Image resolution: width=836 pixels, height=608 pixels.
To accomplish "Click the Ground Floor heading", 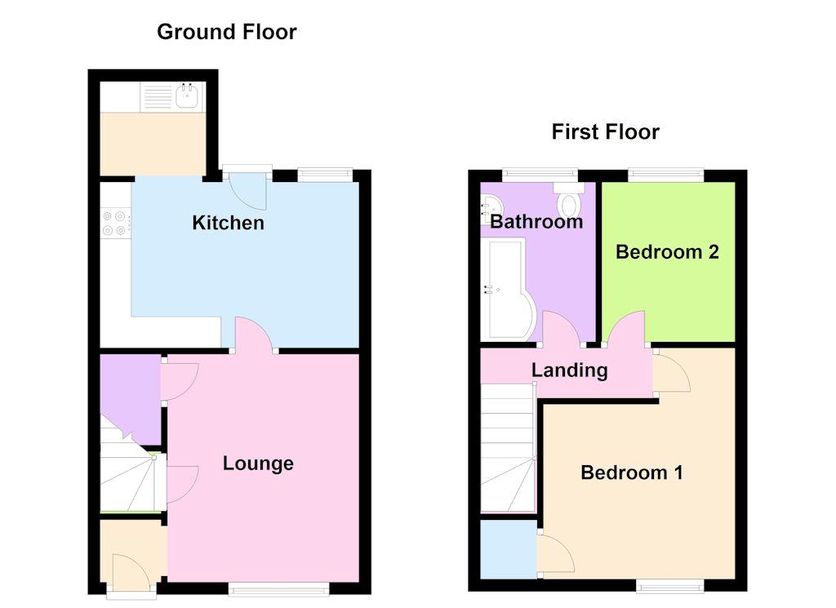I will (226, 32).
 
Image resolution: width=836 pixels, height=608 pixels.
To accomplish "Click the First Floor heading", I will (605, 131).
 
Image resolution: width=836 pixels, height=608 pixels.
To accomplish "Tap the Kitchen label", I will (228, 223).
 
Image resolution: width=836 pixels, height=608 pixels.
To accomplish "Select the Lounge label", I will (258, 464).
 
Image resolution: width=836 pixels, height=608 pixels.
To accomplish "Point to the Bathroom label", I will (536, 221).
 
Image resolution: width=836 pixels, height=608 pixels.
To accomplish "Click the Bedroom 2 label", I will (667, 251).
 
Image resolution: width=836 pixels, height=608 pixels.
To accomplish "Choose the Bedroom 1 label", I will (631, 473).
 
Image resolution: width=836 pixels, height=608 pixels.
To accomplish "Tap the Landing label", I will (569, 371).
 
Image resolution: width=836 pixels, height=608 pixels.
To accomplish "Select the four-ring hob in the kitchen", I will (115, 223).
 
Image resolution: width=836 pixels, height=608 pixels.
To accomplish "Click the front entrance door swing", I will (131, 571).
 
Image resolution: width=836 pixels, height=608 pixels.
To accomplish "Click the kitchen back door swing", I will (248, 190).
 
